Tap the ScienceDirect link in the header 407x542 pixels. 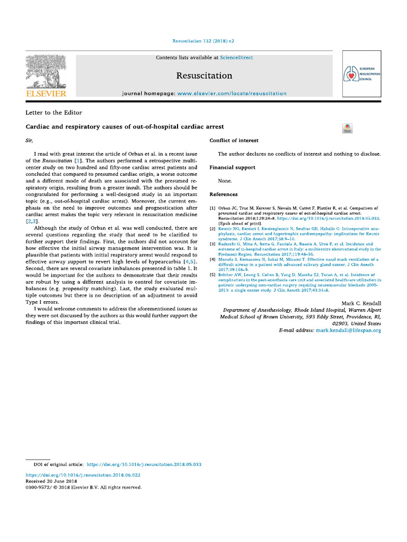[237, 57]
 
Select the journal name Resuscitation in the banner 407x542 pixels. [203, 75]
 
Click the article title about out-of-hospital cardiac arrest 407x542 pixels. [125, 127]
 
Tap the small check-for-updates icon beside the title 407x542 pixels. [348, 128]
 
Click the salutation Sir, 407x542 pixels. [30, 140]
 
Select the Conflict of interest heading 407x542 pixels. [234, 140]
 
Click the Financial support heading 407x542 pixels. [232, 167]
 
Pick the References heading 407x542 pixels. [223, 194]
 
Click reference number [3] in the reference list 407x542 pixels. [213, 244]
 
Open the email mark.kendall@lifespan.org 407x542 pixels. [348, 330]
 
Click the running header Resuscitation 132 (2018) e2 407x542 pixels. [203, 41]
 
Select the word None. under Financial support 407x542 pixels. [224, 180]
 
